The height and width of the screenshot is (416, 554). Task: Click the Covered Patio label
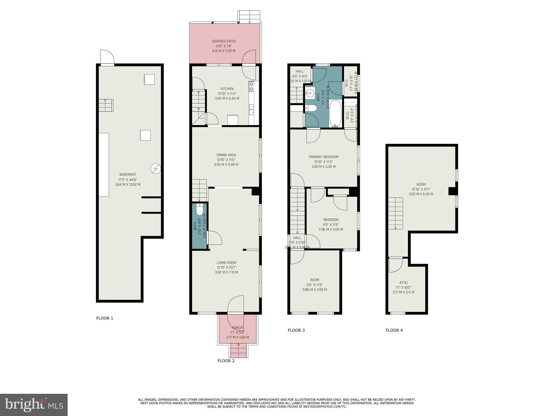[223, 41]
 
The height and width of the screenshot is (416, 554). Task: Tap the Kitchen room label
[227, 89]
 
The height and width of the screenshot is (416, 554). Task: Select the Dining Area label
[226, 155]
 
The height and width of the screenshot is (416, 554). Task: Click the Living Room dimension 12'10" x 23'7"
[226, 267]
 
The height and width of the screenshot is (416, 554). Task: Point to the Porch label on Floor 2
[238, 328]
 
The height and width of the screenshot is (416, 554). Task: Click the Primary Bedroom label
[324, 157]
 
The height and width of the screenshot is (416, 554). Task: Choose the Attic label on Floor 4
[403, 282]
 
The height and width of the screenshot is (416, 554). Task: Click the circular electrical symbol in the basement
[156, 169]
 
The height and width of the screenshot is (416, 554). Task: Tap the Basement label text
[128, 174]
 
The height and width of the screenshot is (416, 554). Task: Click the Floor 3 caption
[296, 330]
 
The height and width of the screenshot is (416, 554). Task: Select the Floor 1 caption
[105, 318]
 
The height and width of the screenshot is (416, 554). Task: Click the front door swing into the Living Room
[236, 304]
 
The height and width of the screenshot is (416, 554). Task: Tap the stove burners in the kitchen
[252, 86]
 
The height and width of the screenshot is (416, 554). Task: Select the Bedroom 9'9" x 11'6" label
[331, 220]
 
